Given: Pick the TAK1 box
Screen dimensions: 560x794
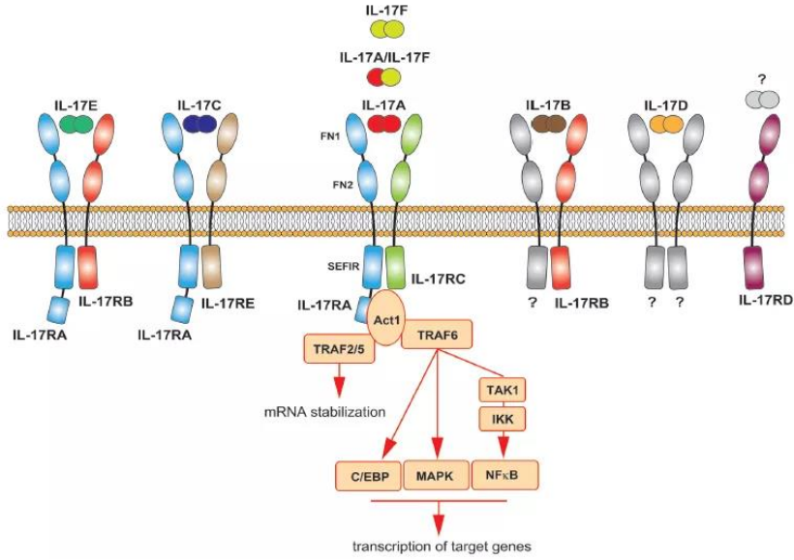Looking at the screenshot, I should (x=503, y=390).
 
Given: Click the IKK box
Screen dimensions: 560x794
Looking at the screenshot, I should (x=503, y=419).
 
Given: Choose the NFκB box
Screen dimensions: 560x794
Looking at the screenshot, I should (x=503, y=475).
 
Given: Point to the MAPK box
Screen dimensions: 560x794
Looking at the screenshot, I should (x=435, y=477).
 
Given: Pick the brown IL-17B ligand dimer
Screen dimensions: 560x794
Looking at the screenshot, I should (x=547, y=123).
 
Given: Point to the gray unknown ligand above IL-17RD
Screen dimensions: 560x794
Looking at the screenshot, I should (x=761, y=100).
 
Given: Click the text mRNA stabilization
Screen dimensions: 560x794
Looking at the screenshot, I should (x=324, y=412).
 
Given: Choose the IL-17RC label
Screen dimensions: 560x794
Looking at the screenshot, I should (x=441, y=280).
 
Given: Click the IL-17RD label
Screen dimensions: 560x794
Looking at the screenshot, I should (x=765, y=301).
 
